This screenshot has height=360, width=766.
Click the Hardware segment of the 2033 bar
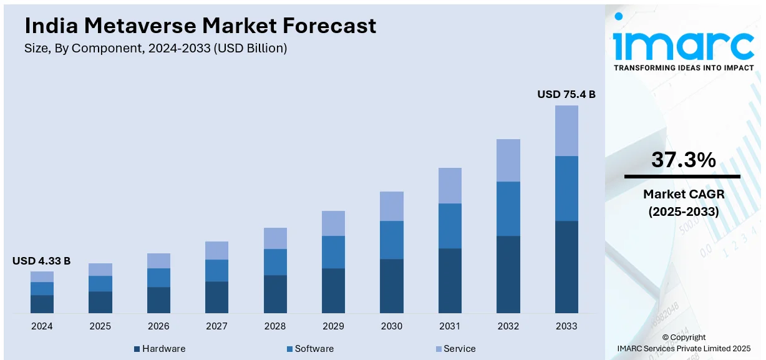[566, 266]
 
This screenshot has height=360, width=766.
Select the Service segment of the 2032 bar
[508, 160]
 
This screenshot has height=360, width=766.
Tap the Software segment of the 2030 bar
[392, 240]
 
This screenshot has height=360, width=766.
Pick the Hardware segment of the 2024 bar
[42, 304]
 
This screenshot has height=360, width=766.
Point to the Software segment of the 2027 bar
[216, 270]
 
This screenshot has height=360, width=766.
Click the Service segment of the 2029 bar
[333, 223]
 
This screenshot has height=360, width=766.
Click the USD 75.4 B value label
[566, 95]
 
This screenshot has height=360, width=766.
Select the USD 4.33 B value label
[42, 261]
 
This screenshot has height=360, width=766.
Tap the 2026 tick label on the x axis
[158, 326]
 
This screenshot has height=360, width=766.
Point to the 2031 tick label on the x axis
[450, 326]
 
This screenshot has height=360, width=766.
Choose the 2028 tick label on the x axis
[275, 326]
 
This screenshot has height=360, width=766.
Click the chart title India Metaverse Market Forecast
[200, 26]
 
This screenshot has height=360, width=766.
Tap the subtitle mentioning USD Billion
[156, 49]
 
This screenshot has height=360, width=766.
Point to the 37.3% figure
[683, 160]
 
